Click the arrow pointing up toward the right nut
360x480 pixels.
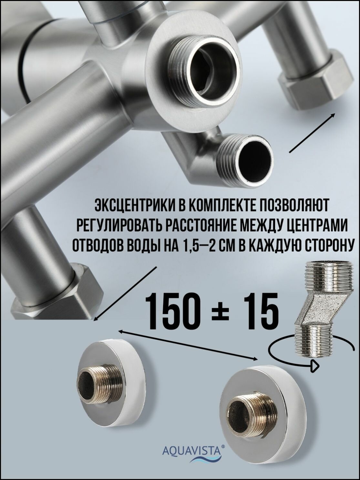313,133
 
